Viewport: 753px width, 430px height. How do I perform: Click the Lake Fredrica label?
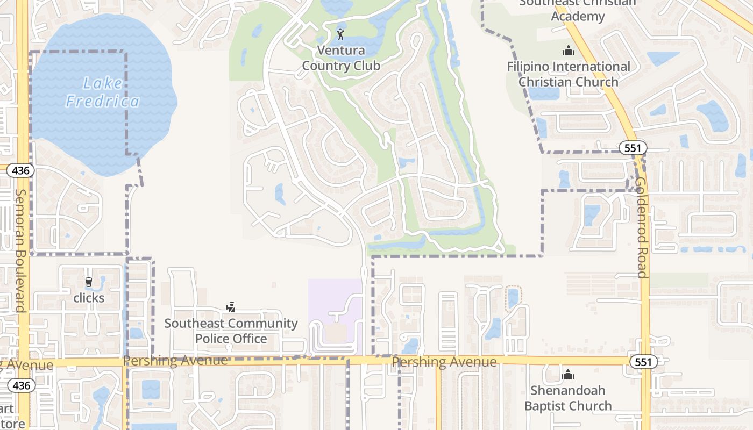(102, 92)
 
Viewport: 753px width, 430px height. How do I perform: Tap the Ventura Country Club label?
(341, 58)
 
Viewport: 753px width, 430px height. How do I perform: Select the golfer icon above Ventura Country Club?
(340, 35)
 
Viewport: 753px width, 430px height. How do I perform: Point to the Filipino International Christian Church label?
(569, 74)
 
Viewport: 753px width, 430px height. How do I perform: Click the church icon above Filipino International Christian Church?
(568, 51)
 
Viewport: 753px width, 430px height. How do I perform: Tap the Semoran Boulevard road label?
(20, 250)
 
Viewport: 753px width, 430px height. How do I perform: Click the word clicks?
(89, 298)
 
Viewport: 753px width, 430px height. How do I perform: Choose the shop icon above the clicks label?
(89, 282)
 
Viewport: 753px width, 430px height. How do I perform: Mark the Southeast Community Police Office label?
(231, 331)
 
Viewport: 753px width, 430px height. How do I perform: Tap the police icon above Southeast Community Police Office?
(230, 307)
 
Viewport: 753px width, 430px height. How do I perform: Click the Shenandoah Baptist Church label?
(568, 398)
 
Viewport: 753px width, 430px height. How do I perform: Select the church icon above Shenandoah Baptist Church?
(568, 375)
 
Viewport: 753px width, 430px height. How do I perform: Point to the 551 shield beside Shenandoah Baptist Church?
(643, 362)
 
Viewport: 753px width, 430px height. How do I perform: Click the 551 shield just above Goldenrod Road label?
(632, 148)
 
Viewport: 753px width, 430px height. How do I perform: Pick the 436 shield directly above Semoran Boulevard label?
(20, 171)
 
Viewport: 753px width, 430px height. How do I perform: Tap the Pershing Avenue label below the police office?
(175, 361)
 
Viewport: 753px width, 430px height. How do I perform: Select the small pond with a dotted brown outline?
(514, 298)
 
